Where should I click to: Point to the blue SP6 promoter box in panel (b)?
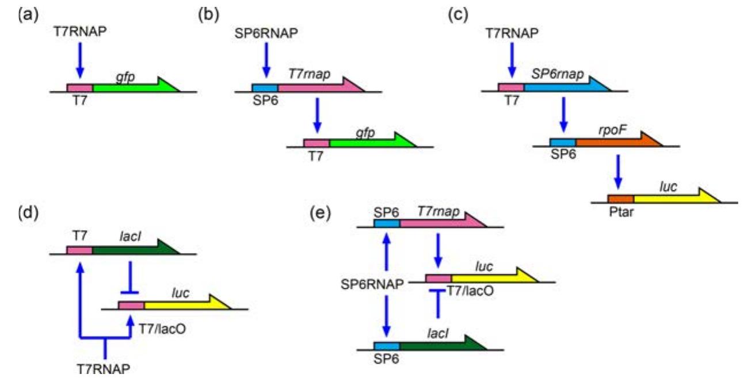click(x=265, y=87)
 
